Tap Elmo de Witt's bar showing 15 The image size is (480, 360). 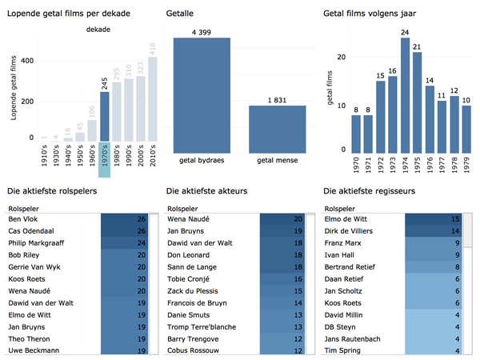coord(433,219)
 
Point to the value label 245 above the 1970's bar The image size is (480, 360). coord(105,86)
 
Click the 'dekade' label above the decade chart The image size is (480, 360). coord(98,30)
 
